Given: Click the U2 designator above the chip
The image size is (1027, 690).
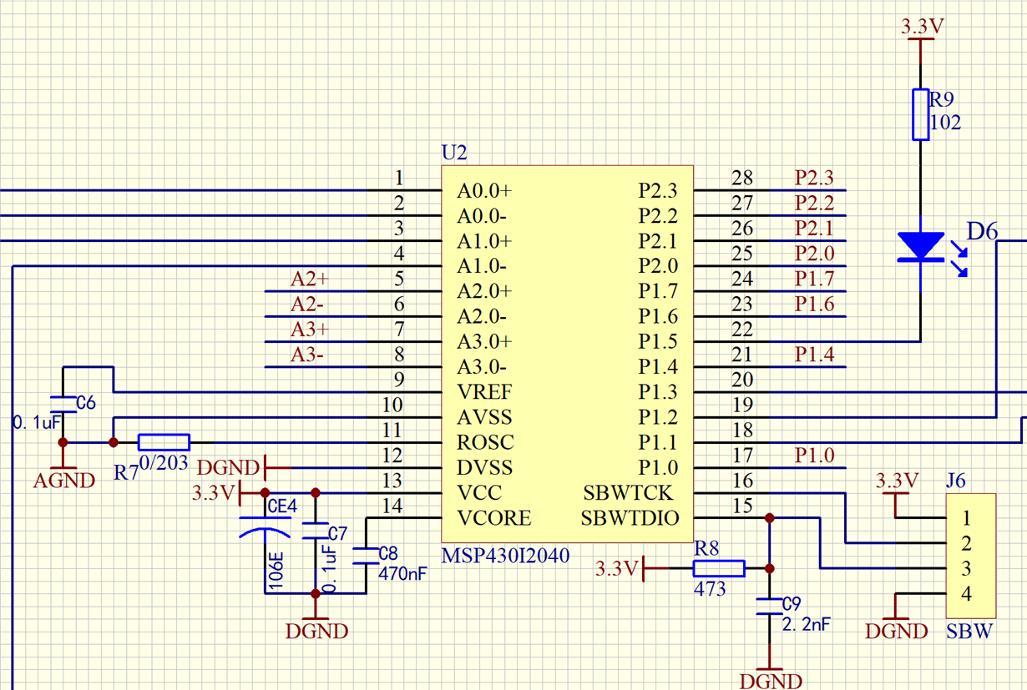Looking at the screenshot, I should (x=454, y=154).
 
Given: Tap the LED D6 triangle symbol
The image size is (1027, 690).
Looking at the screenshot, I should (x=920, y=247).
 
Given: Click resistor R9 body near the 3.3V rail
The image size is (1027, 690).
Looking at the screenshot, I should (x=920, y=113).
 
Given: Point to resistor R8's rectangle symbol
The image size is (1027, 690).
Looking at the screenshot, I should (x=719, y=569).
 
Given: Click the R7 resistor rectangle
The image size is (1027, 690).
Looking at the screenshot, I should (x=164, y=442).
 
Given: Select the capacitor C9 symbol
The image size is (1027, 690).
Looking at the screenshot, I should (x=770, y=606).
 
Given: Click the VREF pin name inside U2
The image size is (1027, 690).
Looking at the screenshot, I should (x=484, y=392).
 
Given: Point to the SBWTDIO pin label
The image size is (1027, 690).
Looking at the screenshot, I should (x=630, y=518).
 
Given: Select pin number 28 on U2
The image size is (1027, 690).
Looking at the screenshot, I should (x=741, y=178).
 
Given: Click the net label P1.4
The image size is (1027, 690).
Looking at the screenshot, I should (x=814, y=355).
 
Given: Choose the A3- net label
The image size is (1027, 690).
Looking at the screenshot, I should (x=307, y=355).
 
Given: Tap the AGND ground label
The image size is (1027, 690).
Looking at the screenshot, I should (x=63, y=481).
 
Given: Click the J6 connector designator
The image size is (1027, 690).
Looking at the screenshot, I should (x=956, y=481).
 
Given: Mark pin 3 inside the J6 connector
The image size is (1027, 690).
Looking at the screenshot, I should (x=966, y=569).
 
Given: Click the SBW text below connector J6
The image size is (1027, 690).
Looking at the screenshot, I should (x=969, y=631).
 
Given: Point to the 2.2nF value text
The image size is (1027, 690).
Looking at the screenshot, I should (x=805, y=624).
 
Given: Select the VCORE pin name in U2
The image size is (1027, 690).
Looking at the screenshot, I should (x=493, y=518).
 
